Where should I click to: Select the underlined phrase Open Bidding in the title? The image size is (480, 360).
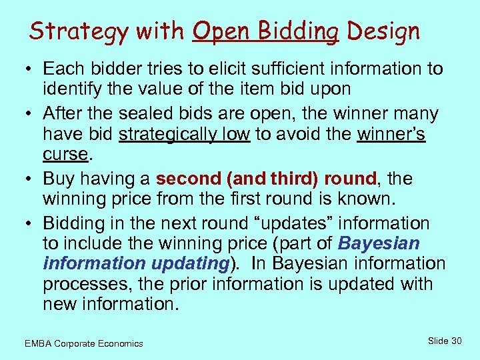pos(265,31)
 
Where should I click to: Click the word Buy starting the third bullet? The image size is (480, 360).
pos(59,179)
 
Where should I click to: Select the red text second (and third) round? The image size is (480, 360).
pos(266,179)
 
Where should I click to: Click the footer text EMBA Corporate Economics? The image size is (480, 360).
pos(83,343)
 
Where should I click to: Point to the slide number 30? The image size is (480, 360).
pos(456,341)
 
